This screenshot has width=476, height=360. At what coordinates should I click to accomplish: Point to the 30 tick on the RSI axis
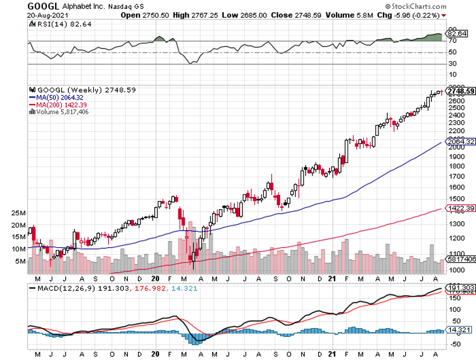coord(452,64)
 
